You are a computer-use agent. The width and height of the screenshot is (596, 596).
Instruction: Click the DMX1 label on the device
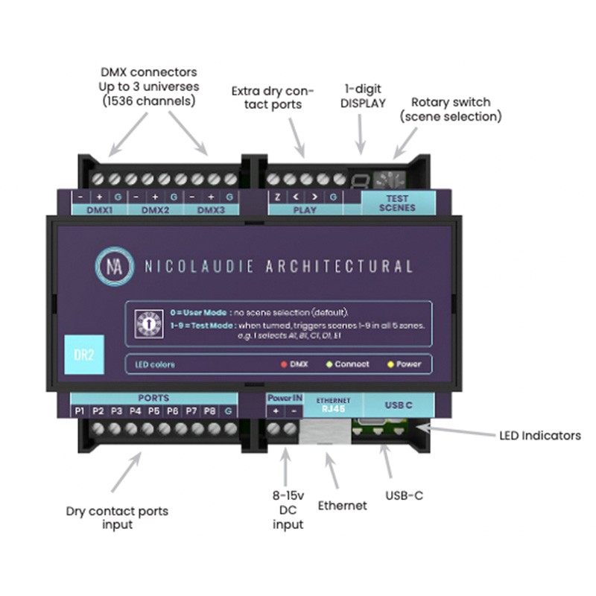(99, 210)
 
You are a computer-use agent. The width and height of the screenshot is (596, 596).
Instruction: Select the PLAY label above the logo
(305, 210)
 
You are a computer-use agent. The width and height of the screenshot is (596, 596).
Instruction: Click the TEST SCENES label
(397, 203)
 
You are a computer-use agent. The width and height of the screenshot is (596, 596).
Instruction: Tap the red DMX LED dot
(282, 364)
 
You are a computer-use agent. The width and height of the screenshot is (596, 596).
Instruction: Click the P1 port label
(79, 410)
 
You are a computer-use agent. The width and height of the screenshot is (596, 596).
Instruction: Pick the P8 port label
(210, 410)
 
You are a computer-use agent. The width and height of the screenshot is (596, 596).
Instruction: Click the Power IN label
(285, 399)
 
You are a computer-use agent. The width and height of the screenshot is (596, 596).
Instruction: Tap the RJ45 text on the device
(333, 408)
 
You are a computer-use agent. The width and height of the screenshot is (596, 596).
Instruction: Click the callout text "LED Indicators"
(540, 436)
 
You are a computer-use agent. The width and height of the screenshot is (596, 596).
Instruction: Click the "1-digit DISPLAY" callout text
(363, 95)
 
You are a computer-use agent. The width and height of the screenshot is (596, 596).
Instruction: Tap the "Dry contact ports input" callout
(117, 518)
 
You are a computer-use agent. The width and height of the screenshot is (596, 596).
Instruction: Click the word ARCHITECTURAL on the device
(339, 266)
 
